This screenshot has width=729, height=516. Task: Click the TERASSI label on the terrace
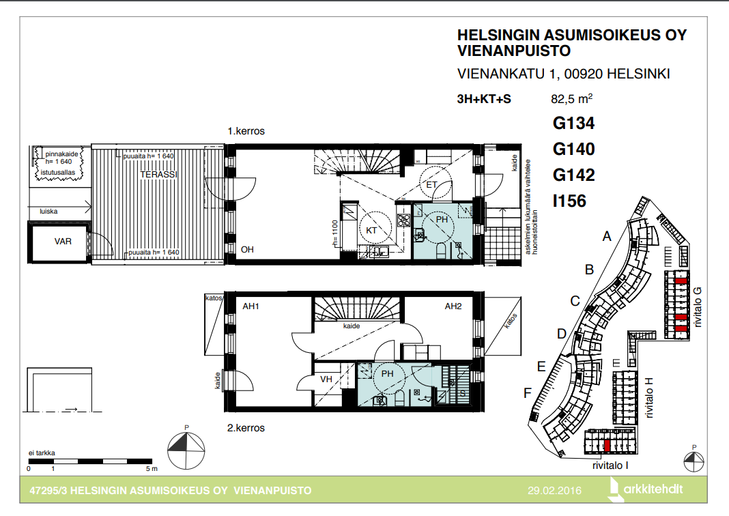point(158,174)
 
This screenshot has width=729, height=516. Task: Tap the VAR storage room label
point(63,241)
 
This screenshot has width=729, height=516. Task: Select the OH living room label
point(247,250)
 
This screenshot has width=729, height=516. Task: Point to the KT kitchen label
point(371,231)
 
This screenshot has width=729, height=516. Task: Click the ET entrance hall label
point(431,184)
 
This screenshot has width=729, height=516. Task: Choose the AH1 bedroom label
point(251,306)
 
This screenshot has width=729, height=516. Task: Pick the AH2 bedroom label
point(453,306)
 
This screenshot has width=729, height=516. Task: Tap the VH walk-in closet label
point(326,379)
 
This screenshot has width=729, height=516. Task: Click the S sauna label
point(463,394)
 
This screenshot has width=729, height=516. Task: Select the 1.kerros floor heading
point(246,131)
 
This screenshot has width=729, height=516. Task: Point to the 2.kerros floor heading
point(246,428)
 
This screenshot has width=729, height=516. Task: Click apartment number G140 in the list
point(574,149)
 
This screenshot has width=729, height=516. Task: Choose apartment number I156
point(569,201)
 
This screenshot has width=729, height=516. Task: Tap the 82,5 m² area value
point(572,98)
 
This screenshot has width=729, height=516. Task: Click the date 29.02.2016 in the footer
point(554,491)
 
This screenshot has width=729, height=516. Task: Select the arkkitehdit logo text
point(653,489)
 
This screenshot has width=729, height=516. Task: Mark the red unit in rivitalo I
point(607,445)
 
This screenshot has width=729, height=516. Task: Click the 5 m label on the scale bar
point(152,469)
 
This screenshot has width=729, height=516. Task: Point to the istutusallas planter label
point(57,173)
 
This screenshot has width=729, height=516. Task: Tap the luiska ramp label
point(48,211)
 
